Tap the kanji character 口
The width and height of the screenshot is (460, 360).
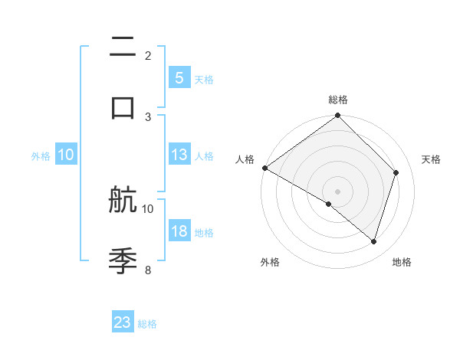point(123,106)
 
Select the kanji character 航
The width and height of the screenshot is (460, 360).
point(123,201)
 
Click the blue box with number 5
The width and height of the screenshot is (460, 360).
point(179,78)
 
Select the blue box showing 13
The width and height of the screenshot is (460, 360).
point(179,155)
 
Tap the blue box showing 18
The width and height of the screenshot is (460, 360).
point(179,231)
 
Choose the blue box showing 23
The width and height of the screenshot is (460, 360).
point(123,322)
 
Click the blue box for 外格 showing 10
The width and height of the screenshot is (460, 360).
point(66,155)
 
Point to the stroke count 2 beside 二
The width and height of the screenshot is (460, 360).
point(148,56)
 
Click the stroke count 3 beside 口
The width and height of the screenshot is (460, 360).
point(148,116)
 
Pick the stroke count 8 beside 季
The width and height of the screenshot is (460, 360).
point(148,270)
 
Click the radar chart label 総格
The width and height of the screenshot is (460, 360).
point(337,100)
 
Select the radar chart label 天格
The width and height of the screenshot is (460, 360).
point(431,159)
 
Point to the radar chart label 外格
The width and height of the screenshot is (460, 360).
point(270,262)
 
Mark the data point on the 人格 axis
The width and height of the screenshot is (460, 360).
point(264,168)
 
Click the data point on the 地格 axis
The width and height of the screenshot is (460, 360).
point(373,241)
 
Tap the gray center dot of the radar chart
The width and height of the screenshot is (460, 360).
point(337,191)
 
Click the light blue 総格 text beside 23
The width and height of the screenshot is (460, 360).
point(147,324)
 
